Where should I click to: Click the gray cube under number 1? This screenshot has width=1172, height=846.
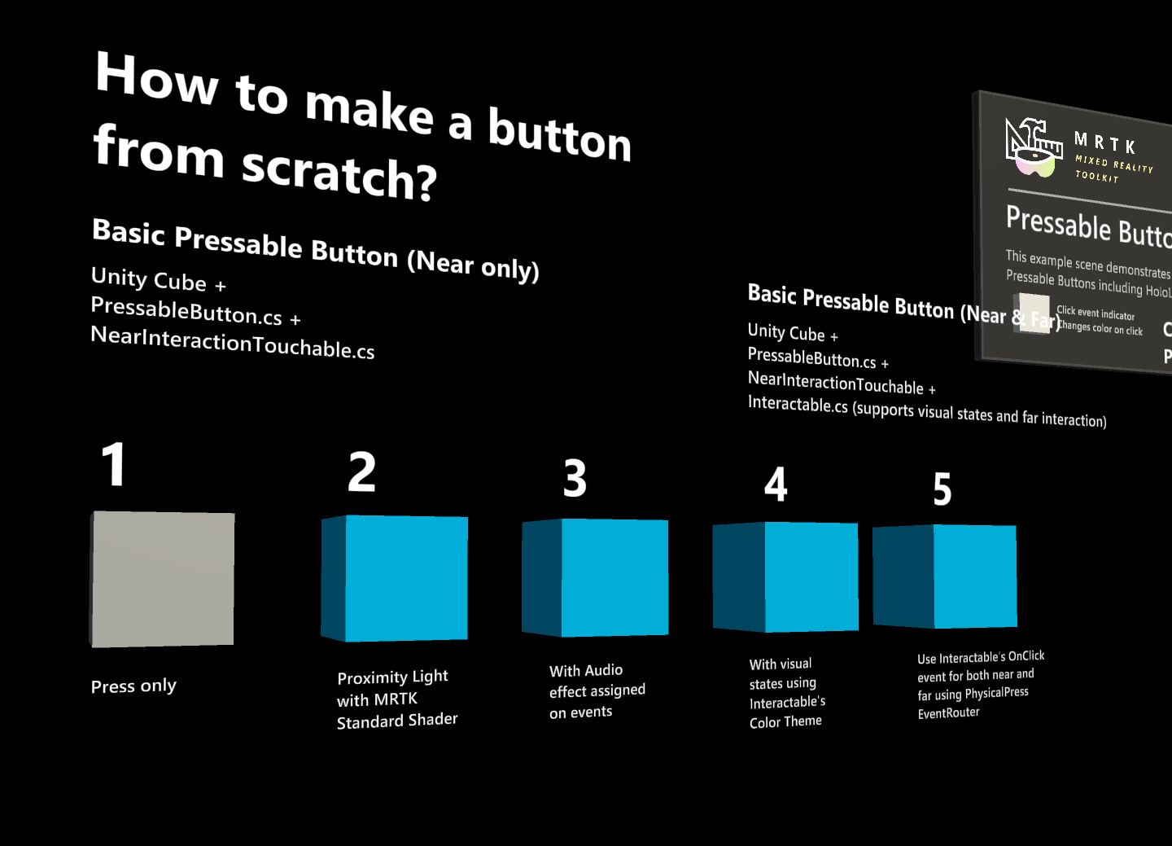pos(163,579)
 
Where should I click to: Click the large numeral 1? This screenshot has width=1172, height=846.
pos(114,465)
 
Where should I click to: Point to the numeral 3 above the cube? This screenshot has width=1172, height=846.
pos(575,479)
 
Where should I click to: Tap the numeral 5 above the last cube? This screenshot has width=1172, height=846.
pos(942,489)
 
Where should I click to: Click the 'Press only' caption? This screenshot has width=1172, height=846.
pos(133,686)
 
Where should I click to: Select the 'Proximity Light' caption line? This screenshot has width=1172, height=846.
pos(392,677)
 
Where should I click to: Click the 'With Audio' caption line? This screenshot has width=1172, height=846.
pos(586,670)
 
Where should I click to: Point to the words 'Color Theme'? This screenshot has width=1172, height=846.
pos(785,721)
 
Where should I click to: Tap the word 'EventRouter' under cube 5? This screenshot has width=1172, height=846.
pos(948,713)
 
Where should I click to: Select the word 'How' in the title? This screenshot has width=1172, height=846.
pos(157,79)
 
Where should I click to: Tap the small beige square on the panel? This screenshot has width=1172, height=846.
pos(1034,313)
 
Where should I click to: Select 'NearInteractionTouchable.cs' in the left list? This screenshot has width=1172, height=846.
pos(232,343)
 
